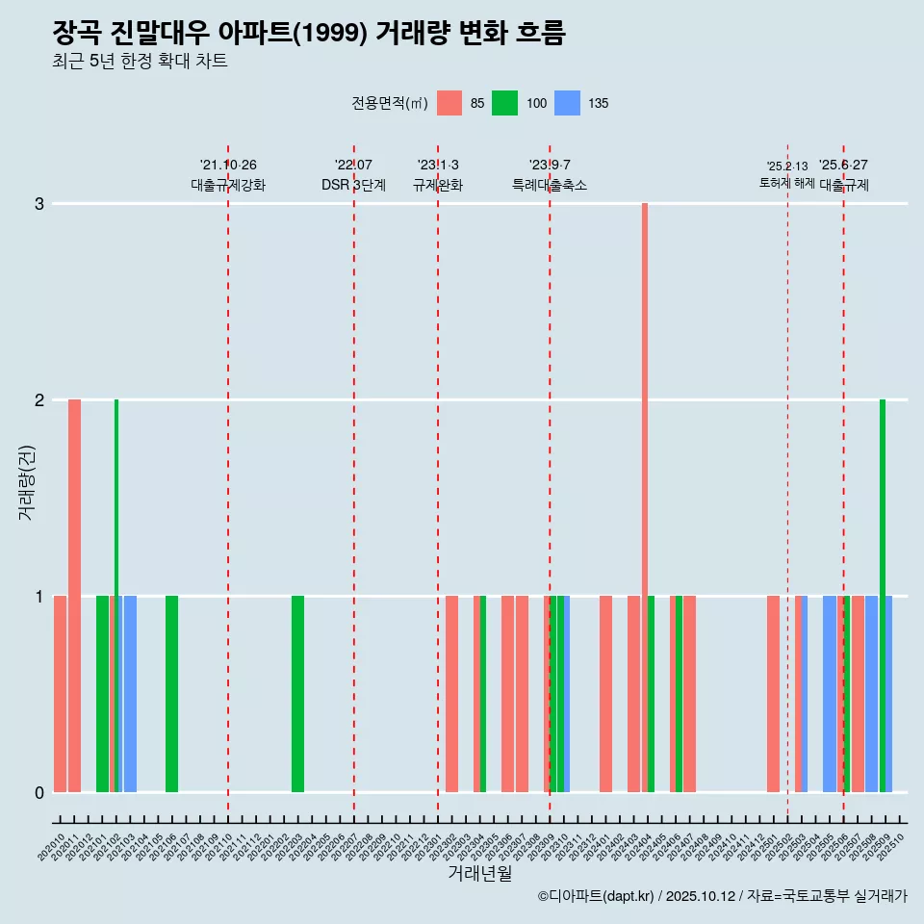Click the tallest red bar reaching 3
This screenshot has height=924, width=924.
(x=645, y=497)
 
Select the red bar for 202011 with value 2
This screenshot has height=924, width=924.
(x=74, y=595)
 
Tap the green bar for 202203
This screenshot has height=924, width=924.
(x=297, y=693)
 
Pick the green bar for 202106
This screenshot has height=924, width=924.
(x=171, y=693)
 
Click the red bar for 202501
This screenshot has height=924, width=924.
(x=773, y=693)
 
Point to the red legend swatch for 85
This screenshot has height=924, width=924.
(x=449, y=103)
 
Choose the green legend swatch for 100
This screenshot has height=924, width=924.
(x=504, y=103)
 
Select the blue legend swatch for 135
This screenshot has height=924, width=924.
(x=568, y=103)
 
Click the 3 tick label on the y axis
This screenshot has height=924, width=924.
(x=39, y=204)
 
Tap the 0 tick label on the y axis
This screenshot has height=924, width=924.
(x=39, y=792)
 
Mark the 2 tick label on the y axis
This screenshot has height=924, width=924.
(x=39, y=400)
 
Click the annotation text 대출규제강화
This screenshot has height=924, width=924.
(x=228, y=185)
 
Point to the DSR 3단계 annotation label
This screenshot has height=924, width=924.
(x=354, y=185)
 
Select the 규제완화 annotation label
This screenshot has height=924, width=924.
(x=438, y=185)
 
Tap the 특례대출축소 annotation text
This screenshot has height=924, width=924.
(x=550, y=185)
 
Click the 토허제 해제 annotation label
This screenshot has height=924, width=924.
(x=787, y=183)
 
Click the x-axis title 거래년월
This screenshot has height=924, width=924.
(x=479, y=873)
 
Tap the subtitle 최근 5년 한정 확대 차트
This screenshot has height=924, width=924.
(x=140, y=62)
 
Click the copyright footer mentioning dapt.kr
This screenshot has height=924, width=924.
(x=722, y=896)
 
